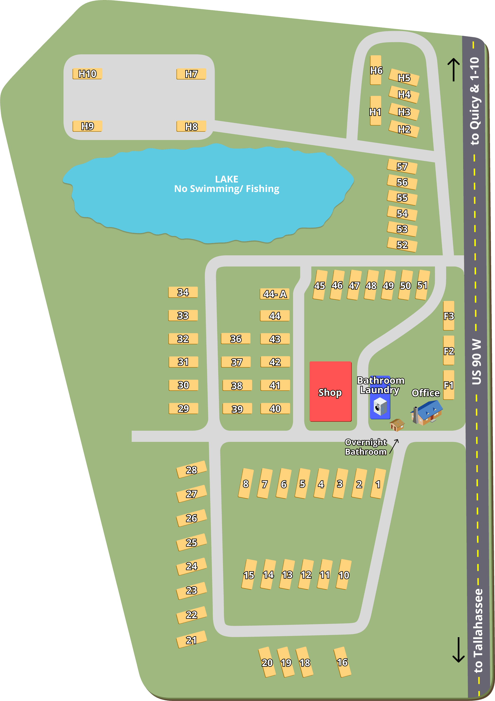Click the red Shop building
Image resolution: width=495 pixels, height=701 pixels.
(330, 391)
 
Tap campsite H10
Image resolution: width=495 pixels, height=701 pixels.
(87, 74)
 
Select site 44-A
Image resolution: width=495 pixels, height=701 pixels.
(275, 294)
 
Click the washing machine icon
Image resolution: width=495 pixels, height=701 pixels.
(380, 406)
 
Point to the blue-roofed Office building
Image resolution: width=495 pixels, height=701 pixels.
(427, 412)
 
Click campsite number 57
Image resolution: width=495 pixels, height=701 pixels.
(402, 166)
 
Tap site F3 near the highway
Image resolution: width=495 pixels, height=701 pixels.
(449, 316)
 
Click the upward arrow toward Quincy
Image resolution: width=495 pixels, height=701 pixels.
(453, 70)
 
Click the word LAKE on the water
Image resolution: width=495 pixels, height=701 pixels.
(227, 179)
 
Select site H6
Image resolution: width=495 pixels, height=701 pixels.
(376, 70)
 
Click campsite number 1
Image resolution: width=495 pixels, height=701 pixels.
(378, 484)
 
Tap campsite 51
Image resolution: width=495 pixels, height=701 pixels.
(422, 285)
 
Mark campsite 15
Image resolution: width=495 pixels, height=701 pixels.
(249, 575)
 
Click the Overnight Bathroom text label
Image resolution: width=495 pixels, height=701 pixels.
(365, 447)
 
